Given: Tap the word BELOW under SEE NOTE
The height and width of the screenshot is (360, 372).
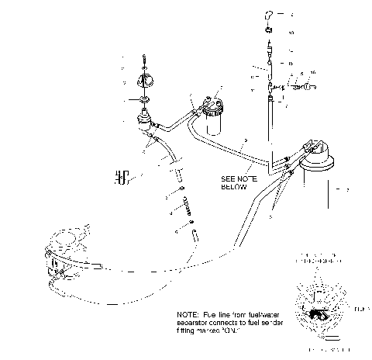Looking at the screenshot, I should tap(233, 186).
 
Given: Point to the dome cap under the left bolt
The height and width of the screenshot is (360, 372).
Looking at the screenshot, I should tap(144, 82).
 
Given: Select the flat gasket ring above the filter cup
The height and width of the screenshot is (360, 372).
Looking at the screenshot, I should tap(143, 101).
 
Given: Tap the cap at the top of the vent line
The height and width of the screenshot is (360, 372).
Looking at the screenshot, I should tap(267, 15).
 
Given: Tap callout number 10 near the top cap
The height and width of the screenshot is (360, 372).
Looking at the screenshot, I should tap(291, 33).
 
